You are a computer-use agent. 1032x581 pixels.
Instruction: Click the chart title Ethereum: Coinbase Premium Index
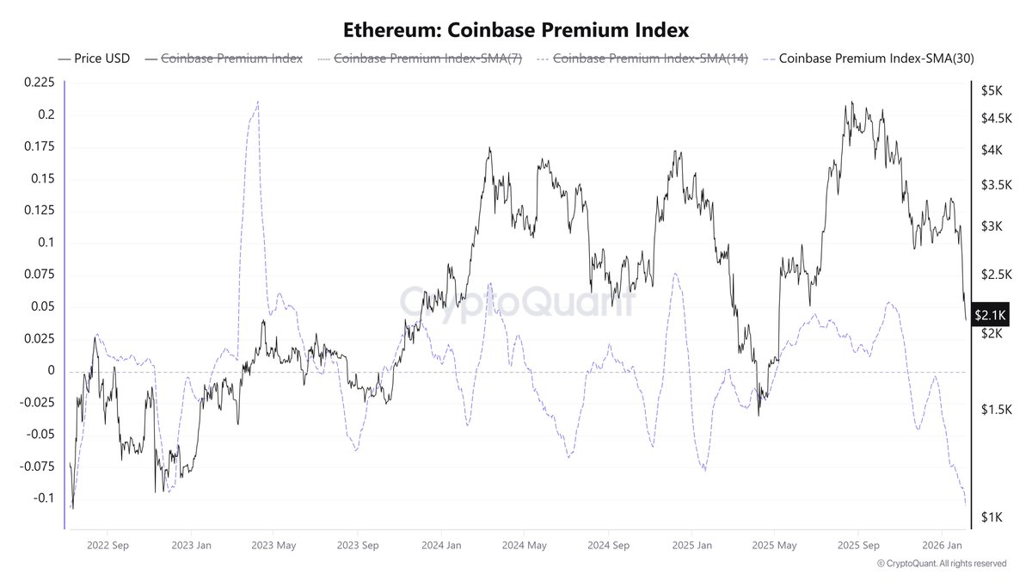pyautogui.click(x=516, y=30)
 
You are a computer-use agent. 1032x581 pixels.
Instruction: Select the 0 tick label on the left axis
pyautogui.click(x=51, y=371)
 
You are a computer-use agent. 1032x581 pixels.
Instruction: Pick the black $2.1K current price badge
pyautogui.click(x=989, y=316)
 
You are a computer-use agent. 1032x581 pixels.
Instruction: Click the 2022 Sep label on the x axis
pyautogui.click(x=108, y=545)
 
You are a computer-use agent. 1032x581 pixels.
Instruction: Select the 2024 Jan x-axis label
pyautogui.click(x=442, y=545)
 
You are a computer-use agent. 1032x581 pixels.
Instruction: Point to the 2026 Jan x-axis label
pyautogui.click(x=941, y=545)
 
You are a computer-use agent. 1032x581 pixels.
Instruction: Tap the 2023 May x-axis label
pyautogui.click(x=275, y=545)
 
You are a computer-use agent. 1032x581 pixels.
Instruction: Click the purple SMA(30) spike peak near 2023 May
pyautogui.click(x=258, y=102)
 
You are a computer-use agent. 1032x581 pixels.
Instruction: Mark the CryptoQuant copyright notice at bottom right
pyautogui.click(x=941, y=564)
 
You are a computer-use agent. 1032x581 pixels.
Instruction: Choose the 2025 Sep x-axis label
pyautogui.click(x=857, y=545)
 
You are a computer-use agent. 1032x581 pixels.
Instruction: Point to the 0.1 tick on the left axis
pyautogui.click(x=45, y=243)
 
